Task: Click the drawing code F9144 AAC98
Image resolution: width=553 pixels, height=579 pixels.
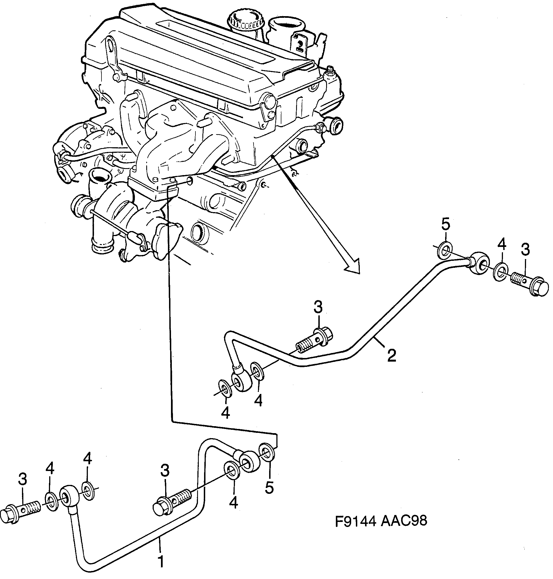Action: tap(381, 521)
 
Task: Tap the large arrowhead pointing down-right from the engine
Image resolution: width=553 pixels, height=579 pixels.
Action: tap(353, 266)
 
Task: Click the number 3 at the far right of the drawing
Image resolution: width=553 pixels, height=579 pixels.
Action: tap(525, 249)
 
